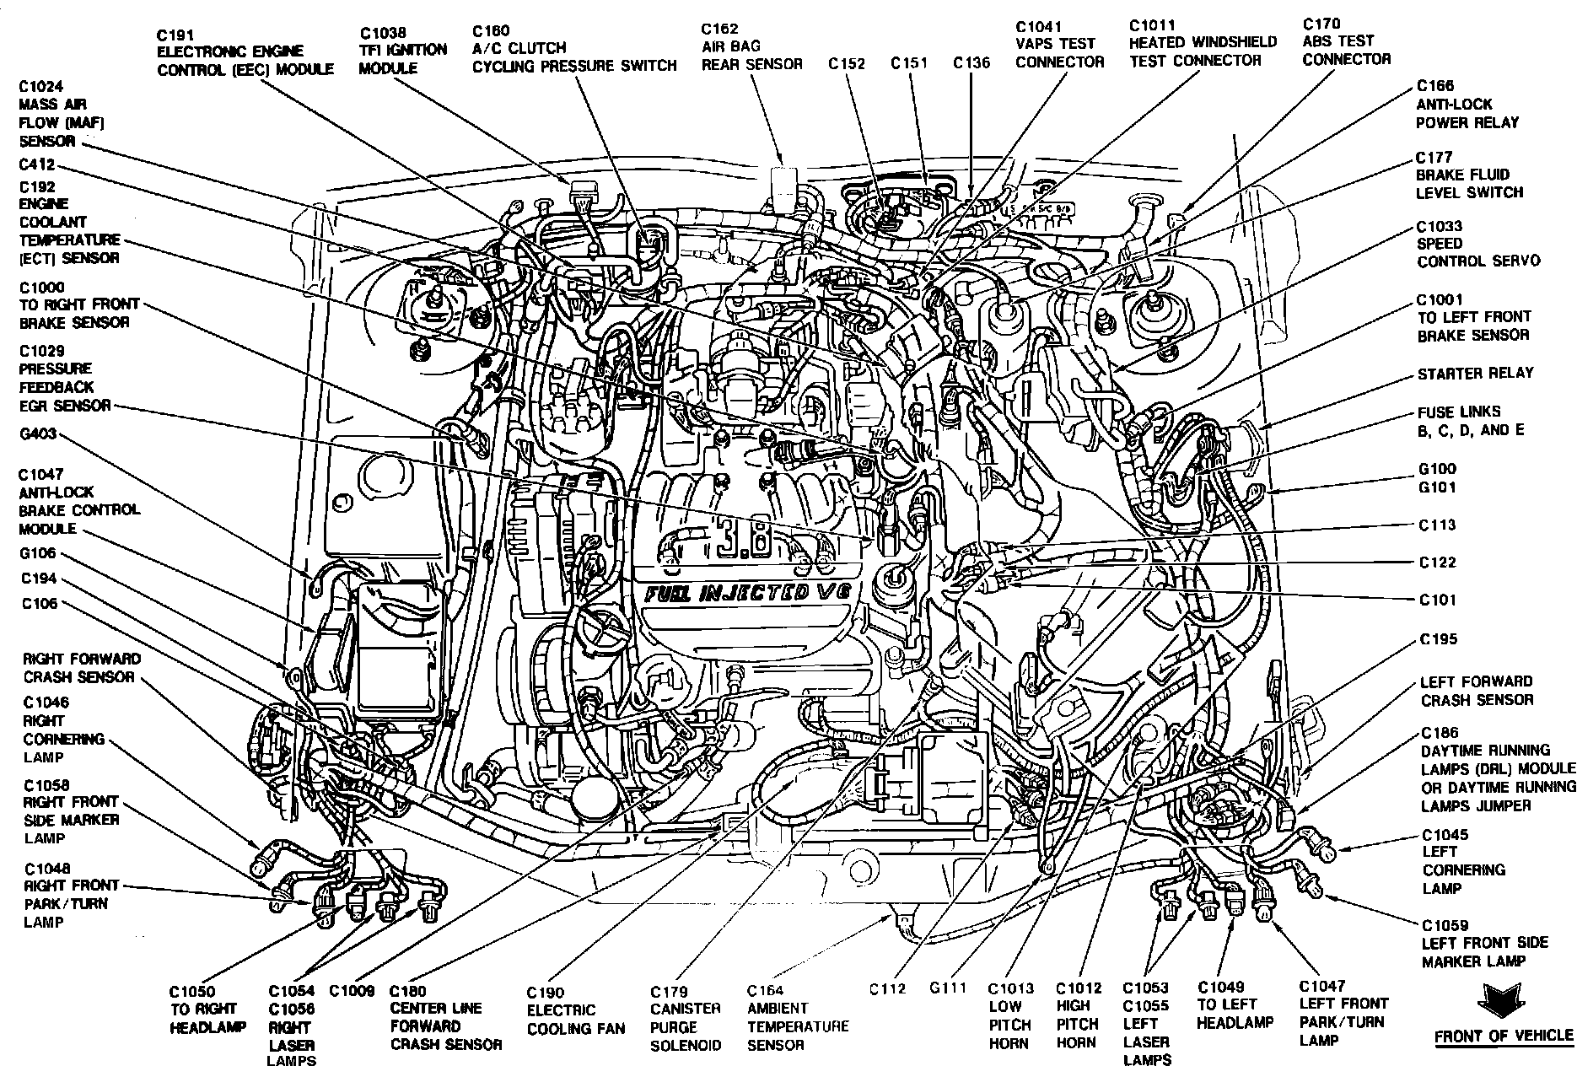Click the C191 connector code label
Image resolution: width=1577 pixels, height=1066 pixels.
[175, 35]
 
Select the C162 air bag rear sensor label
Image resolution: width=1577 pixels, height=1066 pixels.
[751, 47]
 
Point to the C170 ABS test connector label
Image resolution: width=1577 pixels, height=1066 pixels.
[1346, 41]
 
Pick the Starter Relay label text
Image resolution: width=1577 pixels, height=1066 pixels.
[1475, 374]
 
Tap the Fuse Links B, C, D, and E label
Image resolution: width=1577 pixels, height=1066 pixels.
[1471, 421]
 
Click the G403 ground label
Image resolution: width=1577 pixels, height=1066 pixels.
[38, 435]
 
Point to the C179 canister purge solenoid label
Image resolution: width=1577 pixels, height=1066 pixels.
[685, 1019]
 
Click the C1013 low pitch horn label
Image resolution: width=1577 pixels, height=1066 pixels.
[1010, 1015]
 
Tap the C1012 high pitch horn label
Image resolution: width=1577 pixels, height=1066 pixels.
[1078, 1015]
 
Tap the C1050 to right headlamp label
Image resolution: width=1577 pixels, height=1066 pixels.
[207, 1009]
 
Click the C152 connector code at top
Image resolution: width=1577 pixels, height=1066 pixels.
[847, 64]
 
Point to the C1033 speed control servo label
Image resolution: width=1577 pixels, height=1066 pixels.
[1477, 244]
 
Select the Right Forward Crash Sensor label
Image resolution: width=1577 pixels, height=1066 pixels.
[81, 668]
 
